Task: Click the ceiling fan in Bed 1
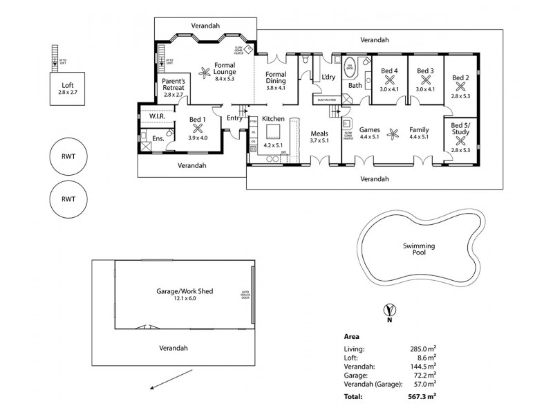pyautogui.click(x=198, y=127)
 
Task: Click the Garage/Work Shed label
pyautogui.click(x=185, y=291)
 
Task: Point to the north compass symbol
pyautogui.click(x=390, y=311)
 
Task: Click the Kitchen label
pyautogui.click(x=272, y=119)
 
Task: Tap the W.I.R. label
pyautogui.click(x=156, y=116)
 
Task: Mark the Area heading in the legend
pyautogui.click(x=351, y=335)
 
